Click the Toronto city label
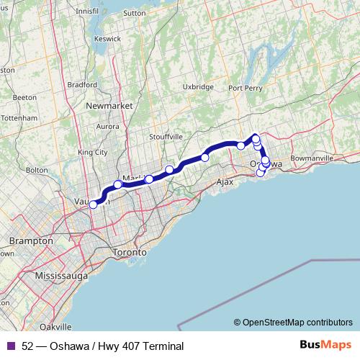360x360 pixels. [130, 253]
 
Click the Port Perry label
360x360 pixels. [245, 88]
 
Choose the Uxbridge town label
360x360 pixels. [198, 86]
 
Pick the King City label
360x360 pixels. [92, 153]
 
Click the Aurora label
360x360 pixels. [107, 127]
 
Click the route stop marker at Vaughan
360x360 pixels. [93, 204]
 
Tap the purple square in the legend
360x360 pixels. [10, 346]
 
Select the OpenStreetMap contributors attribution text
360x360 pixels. [292, 323]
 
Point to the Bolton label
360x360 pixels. [36, 171]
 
